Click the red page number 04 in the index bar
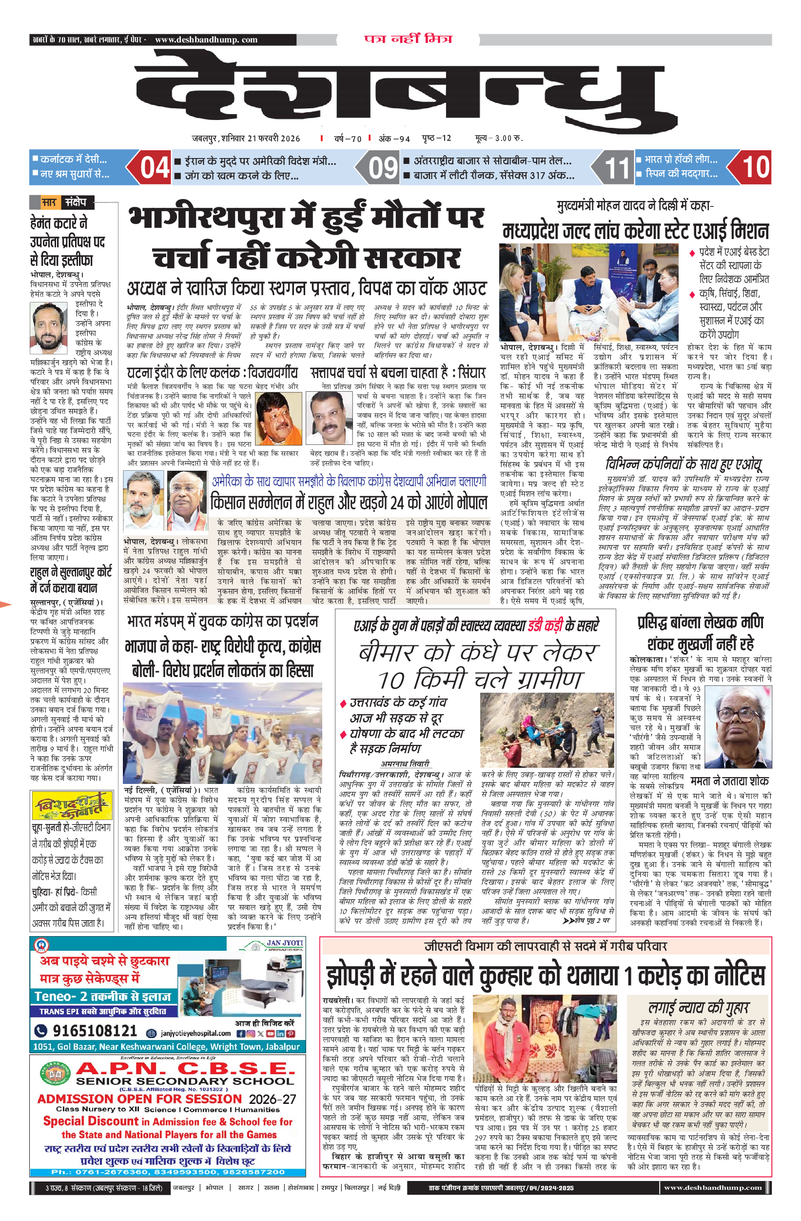click(x=155, y=168)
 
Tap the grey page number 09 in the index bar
click(x=383, y=168)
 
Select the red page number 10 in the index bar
click(x=755, y=167)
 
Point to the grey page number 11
click(x=617, y=168)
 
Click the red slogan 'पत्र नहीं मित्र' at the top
click(x=408, y=39)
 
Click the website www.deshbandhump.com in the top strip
click(x=206, y=40)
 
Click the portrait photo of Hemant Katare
click(x=49, y=328)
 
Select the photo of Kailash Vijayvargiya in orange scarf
click(x=278, y=418)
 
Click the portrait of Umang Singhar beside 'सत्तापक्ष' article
click(x=328, y=418)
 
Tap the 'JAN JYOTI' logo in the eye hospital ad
click(x=285, y=943)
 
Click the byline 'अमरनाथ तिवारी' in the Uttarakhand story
click(x=405, y=763)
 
